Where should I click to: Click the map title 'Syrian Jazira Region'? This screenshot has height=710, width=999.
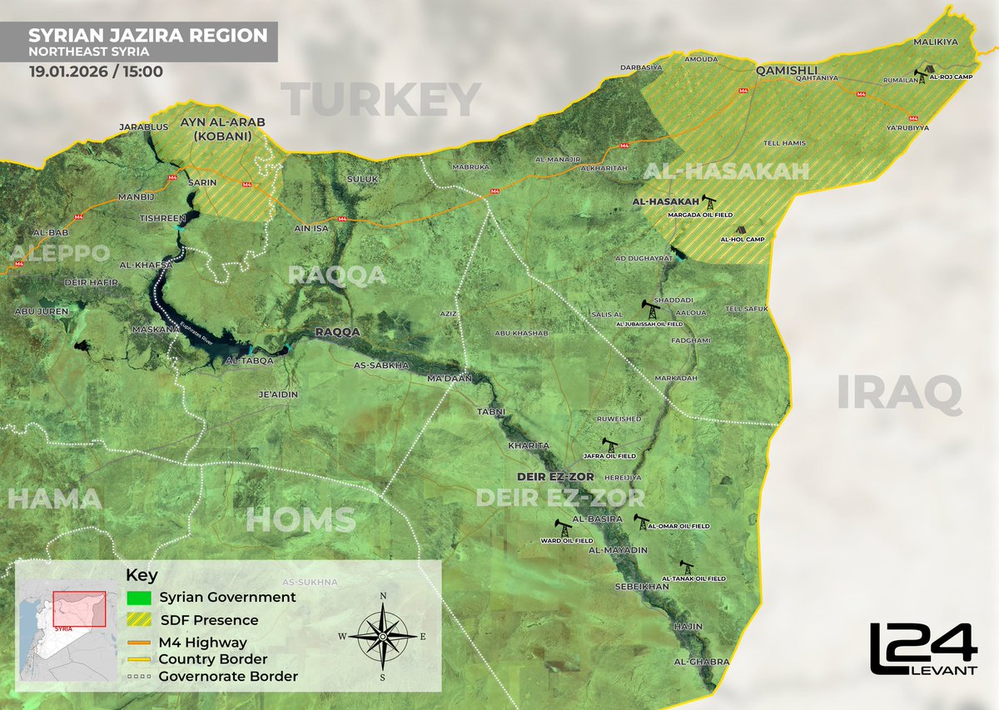148,36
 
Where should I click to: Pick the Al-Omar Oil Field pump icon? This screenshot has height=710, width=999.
641,522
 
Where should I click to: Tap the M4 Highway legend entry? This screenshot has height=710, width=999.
214,642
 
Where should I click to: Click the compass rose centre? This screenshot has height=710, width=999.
382,635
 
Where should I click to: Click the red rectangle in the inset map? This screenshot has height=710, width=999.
79,610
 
